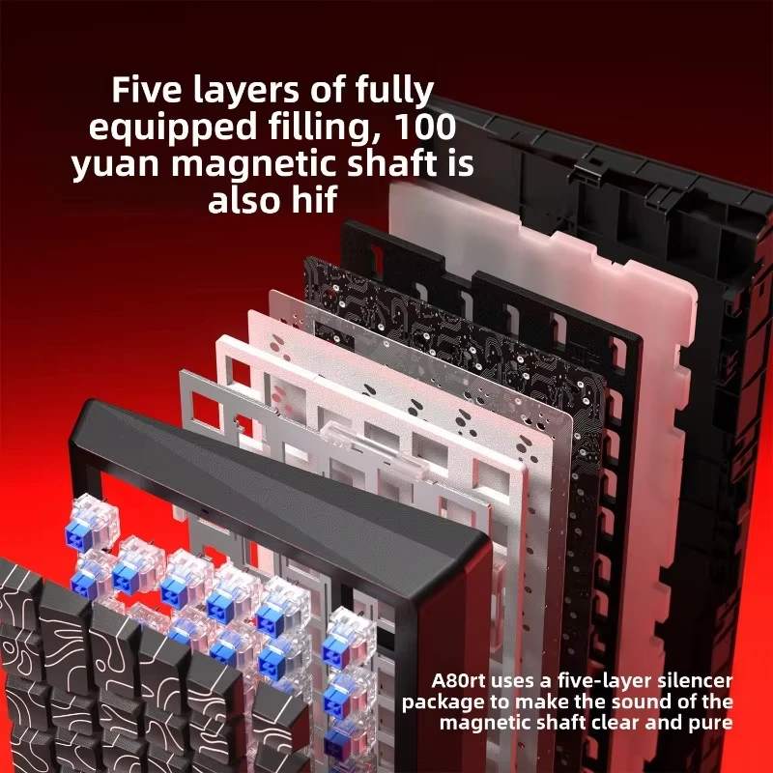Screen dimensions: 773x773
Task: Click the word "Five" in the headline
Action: [147, 89]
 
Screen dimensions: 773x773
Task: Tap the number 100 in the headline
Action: [425, 127]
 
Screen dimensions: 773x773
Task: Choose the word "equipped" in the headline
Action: [173, 129]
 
